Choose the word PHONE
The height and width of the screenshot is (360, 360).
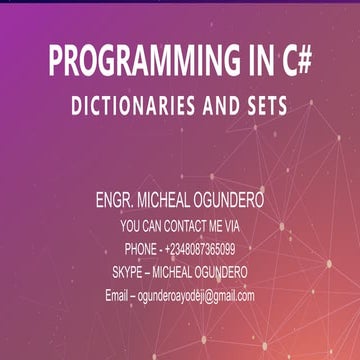click(141, 249)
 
